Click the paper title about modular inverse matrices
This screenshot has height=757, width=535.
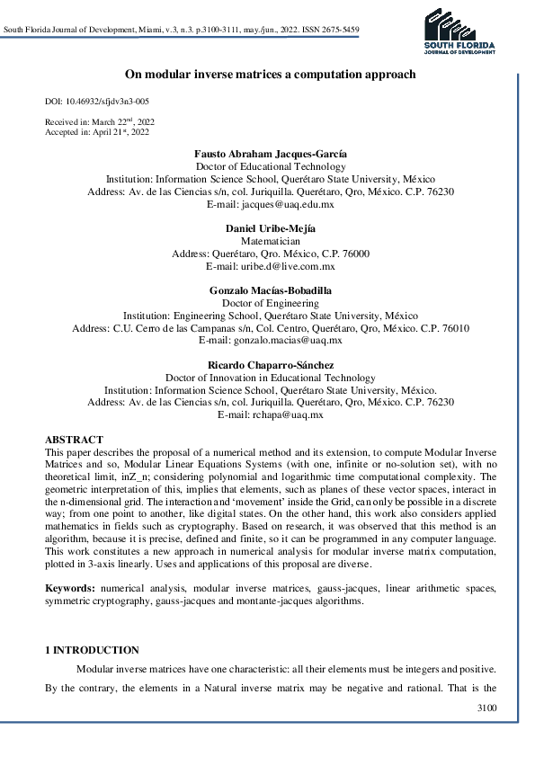coord(269,74)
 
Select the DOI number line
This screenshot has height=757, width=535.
coord(97,102)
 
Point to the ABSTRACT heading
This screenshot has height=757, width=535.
coord(74,440)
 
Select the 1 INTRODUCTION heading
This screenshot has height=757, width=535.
coord(92,650)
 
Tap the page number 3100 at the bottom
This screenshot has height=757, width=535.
coord(485,708)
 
